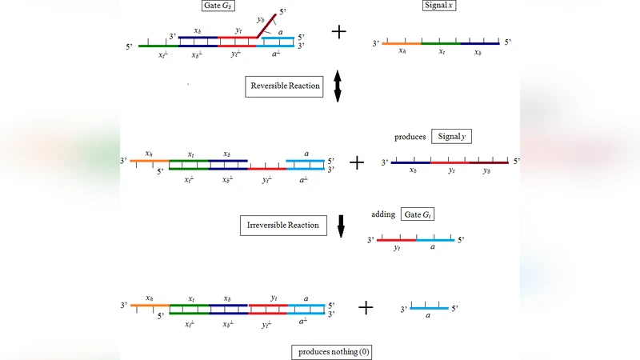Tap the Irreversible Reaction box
(279, 226)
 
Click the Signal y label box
(452, 137)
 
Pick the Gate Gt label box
(418, 215)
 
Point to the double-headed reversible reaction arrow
(338, 86)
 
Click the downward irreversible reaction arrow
(341, 226)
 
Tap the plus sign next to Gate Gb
(339, 32)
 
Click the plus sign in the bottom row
(366, 308)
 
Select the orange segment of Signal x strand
(401, 43)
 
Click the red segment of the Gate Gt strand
(397, 240)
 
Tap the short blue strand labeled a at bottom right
(429, 309)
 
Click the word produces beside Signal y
(410, 137)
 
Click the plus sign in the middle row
(357, 162)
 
